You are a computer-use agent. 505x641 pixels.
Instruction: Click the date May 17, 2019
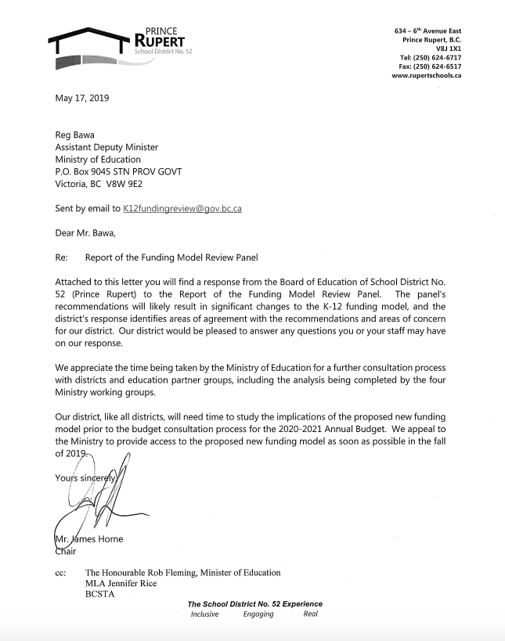point(82,98)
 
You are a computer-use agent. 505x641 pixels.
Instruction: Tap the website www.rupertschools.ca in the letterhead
point(426,76)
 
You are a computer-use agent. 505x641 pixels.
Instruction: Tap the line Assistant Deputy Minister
point(106,147)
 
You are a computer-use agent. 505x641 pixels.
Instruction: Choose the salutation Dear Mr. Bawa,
point(88,232)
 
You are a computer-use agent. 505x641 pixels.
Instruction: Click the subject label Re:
point(62,257)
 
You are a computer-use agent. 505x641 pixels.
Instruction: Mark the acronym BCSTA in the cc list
point(103,594)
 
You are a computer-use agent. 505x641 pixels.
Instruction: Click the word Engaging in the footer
point(258,614)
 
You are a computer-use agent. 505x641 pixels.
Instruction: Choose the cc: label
point(62,572)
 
